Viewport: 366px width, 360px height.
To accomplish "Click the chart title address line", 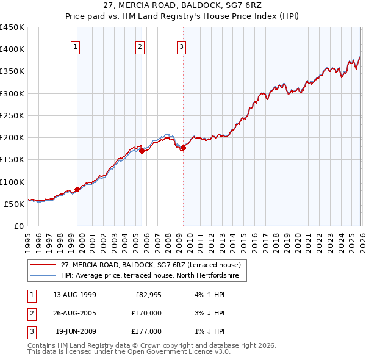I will pyautogui.click(x=183, y=6).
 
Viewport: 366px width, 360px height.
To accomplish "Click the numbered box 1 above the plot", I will pyautogui.click(x=75, y=47).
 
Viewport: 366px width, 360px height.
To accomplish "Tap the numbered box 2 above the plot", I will pyautogui.click(x=140, y=47).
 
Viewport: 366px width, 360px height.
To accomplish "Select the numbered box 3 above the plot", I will pyautogui.click(x=181, y=47).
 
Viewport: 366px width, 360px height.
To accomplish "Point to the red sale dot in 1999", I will pyautogui.click(x=77, y=189).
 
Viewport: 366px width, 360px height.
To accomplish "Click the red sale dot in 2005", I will pyautogui.click(x=142, y=151).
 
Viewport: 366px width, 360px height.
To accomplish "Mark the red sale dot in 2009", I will pyautogui.click(x=183, y=148).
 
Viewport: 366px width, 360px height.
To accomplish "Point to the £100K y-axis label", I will pyautogui.click(x=12, y=182).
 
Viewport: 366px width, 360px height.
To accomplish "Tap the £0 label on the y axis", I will pyautogui.click(x=18, y=226).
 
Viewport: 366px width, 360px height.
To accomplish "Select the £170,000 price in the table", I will pyautogui.click(x=146, y=313).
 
